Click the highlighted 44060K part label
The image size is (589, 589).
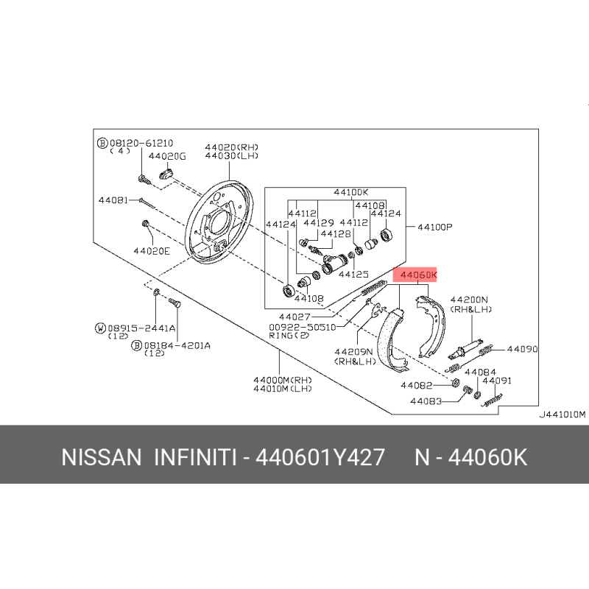click(x=417, y=275)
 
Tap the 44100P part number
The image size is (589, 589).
click(x=434, y=227)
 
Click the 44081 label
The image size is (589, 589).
click(x=113, y=200)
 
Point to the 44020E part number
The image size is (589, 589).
click(x=152, y=250)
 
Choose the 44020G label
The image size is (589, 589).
click(x=168, y=156)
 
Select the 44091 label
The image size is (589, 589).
click(x=497, y=381)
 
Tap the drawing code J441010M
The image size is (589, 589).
click(x=562, y=414)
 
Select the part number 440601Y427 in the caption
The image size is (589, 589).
click(x=319, y=458)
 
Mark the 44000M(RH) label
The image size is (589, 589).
click(x=283, y=380)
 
